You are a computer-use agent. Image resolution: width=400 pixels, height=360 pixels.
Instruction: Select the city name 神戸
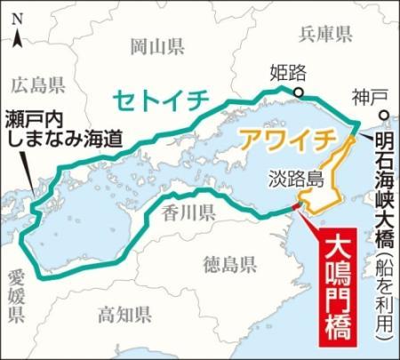click(x=367, y=96)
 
